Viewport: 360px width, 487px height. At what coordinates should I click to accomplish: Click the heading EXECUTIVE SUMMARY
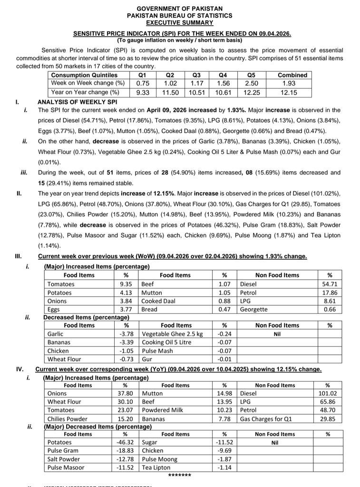[179, 22]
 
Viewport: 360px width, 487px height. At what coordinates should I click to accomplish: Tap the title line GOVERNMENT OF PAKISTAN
[179, 9]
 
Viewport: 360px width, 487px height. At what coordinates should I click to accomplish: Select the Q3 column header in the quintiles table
[196, 75]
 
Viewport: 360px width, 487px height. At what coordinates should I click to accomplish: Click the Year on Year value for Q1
[143, 92]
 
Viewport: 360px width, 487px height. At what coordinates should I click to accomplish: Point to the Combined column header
[292, 75]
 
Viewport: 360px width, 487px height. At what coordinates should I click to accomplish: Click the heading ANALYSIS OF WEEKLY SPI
[77, 102]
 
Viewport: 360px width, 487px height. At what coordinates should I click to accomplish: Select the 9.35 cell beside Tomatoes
[126, 284]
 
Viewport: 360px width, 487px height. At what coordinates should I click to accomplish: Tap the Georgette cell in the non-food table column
[253, 310]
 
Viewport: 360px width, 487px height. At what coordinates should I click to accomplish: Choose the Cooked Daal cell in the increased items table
[158, 301]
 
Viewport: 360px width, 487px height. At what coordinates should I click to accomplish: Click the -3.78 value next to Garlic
[126, 334]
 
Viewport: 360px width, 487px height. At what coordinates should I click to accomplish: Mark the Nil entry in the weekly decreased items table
[277, 334]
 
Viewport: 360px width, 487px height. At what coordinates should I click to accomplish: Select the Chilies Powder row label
[68, 419]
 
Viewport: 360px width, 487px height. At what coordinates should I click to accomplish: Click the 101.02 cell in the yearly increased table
[327, 393]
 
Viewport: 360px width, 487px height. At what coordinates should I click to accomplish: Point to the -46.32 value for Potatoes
[125, 442]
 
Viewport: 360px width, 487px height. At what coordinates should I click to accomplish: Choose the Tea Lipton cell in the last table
[157, 468]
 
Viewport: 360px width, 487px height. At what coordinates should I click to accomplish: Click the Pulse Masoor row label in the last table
[66, 468]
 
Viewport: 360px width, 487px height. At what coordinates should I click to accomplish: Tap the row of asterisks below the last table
[179, 476]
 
